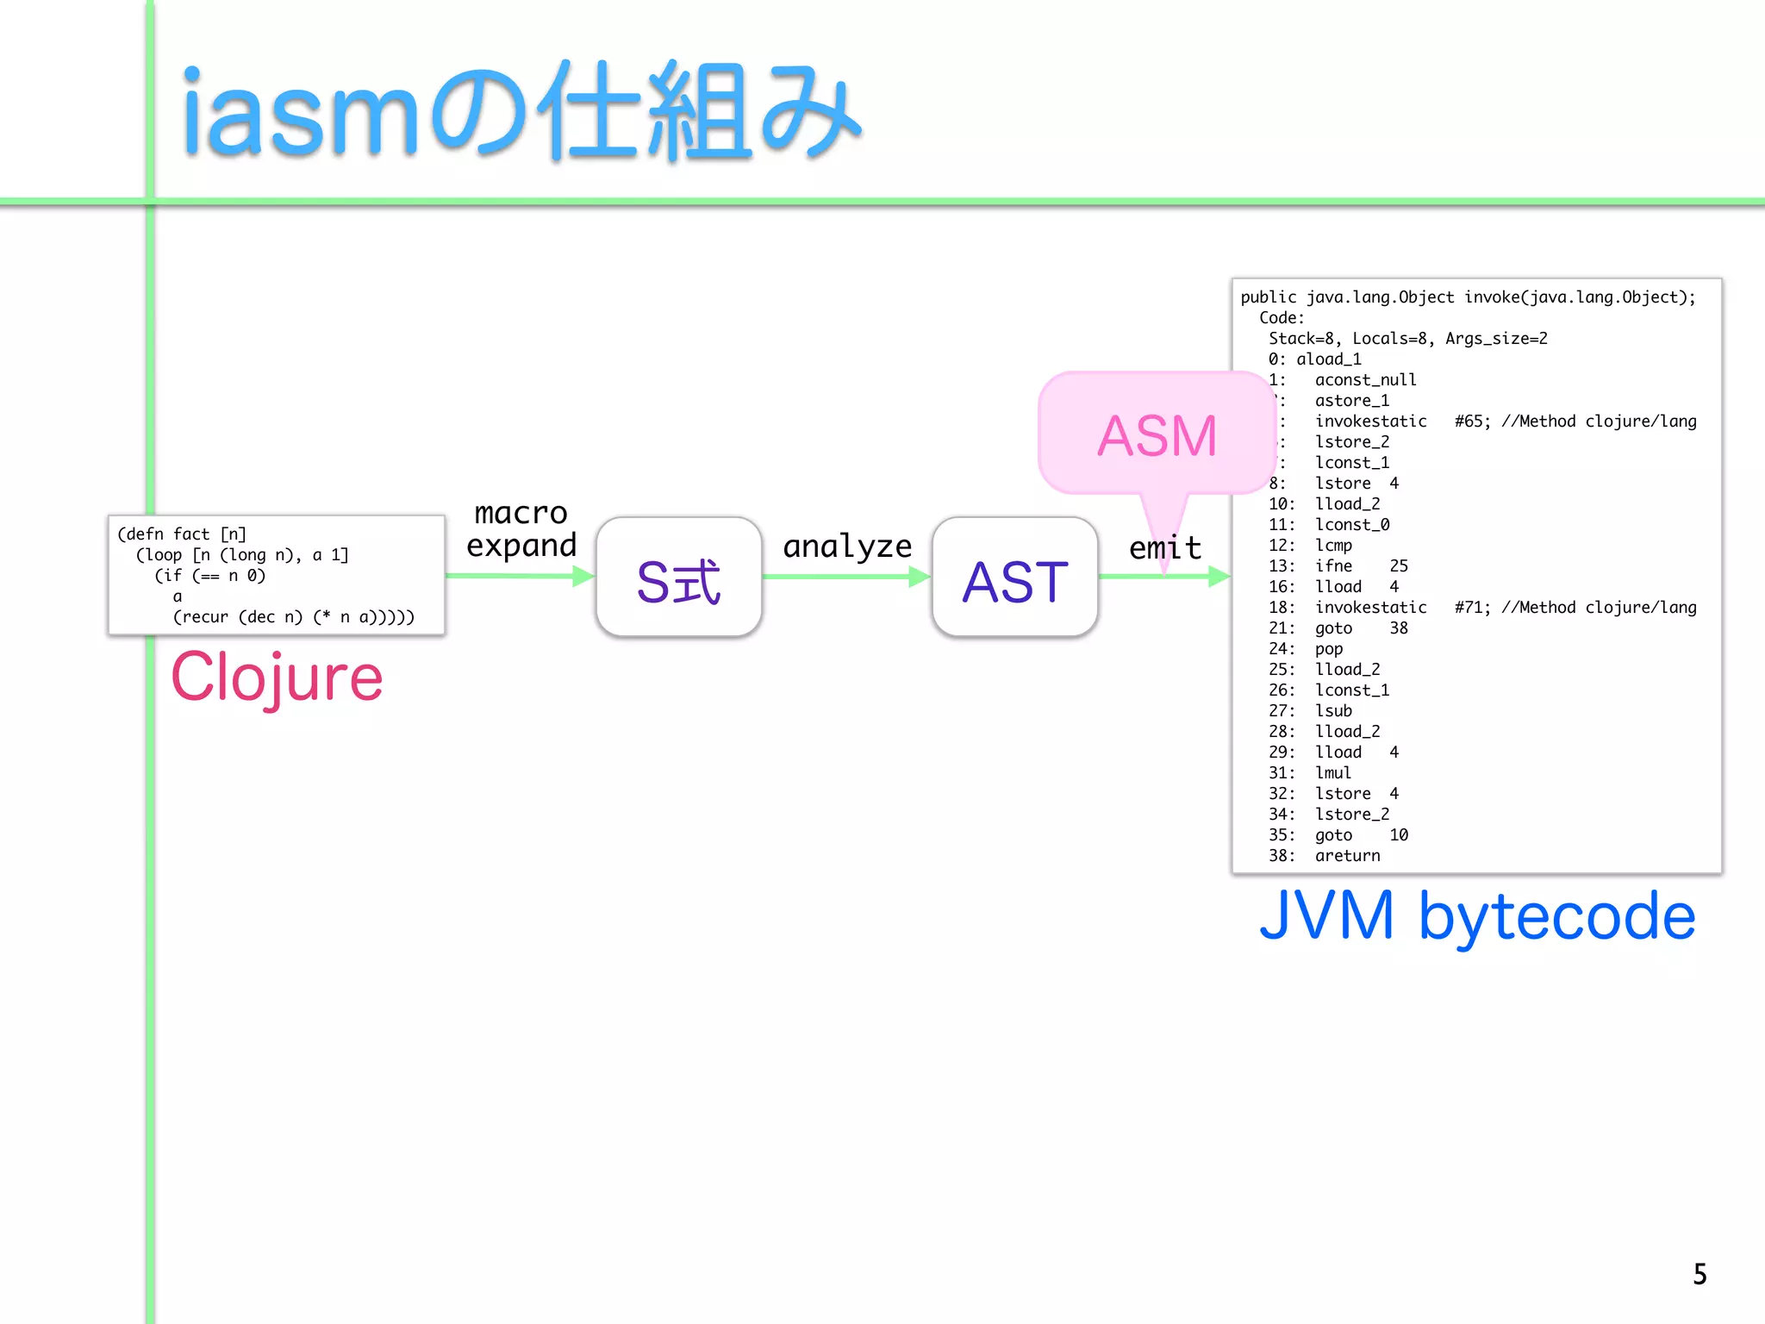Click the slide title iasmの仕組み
(x=521, y=112)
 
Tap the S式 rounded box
(x=678, y=578)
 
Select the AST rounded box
(x=1014, y=578)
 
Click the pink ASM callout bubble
(x=1156, y=434)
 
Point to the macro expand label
(x=521, y=529)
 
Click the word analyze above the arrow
(x=846, y=546)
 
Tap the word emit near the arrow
(x=1164, y=548)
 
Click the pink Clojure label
(x=277, y=678)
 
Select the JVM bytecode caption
(x=1476, y=915)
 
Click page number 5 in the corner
(x=1699, y=1274)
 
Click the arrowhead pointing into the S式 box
(x=584, y=576)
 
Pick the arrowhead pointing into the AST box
(x=920, y=576)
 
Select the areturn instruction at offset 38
(x=1347, y=856)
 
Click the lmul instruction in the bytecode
(x=1332, y=773)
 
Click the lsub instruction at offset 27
(x=1333, y=711)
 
